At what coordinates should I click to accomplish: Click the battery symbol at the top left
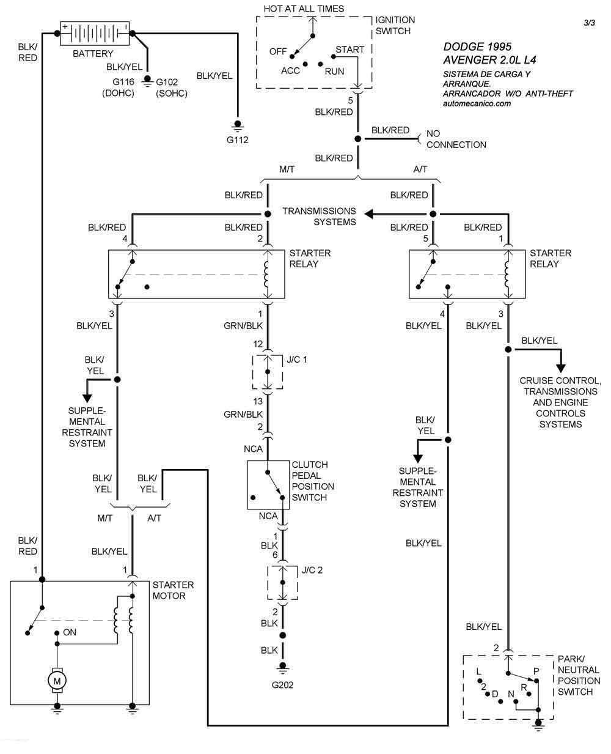point(94,34)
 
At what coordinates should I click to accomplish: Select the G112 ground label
point(238,139)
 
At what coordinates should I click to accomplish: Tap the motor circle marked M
point(57,680)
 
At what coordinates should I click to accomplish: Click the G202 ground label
point(282,685)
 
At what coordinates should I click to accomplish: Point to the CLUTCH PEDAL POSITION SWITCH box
point(268,485)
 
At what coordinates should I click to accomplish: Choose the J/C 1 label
point(296,359)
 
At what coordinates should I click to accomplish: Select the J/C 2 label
point(312,570)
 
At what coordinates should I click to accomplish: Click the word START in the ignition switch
point(349,50)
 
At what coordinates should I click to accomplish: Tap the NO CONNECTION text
point(456,139)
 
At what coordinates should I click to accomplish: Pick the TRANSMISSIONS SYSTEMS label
point(319,216)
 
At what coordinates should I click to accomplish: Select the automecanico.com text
point(476,103)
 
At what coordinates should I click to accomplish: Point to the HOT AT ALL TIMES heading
point(304,9)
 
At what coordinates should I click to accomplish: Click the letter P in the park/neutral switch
point(536,671)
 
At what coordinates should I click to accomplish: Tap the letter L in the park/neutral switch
point(479,671)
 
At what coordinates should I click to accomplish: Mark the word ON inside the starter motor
point(70,632)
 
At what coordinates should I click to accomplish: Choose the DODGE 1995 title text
point(477,47)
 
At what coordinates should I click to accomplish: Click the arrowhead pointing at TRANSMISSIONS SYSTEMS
point(369,214)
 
